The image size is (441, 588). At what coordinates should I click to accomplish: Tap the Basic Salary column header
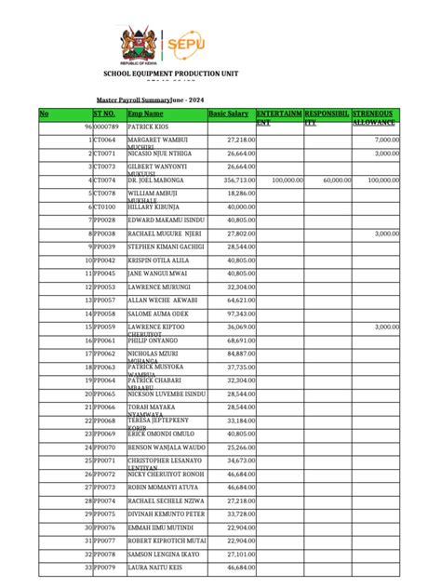click(229, 113)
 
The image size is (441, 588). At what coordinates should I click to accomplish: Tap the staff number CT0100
click(104, 207)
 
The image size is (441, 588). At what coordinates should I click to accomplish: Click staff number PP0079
click(104, 567)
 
